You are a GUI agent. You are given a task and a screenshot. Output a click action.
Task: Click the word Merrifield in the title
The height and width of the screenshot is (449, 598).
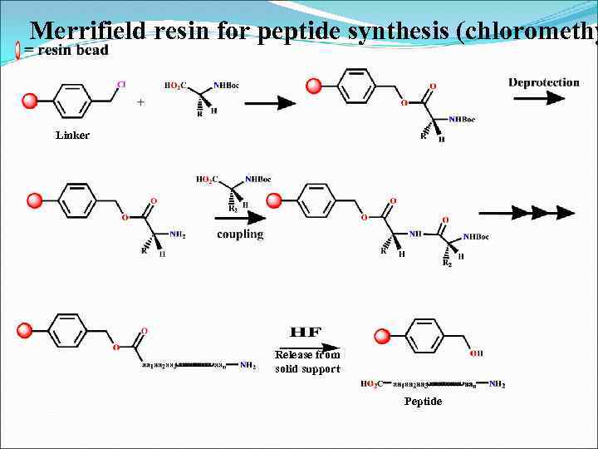pyautogui.click(x=89, y=31)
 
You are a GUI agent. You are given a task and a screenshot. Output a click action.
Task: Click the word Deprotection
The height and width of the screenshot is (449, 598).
pyautogui.click(x=544, y=81)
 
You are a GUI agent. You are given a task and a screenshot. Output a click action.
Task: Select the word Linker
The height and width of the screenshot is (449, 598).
pyautogui.click(x=72, y=135)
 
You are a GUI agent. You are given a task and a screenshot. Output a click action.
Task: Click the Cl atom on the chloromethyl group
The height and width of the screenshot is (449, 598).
pyautogui.click(x=121, y=84)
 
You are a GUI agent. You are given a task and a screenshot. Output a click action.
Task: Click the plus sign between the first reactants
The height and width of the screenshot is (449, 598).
pyautogui.click(x=140, y=102)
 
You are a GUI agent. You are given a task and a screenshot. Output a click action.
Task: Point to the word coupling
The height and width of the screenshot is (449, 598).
pyautogui.click(x=240, y=234)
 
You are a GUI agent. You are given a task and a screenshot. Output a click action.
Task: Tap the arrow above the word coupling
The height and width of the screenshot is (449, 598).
pyautogui.click(x=242, y=218)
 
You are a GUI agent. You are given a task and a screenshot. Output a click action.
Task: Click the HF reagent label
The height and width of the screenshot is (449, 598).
pyautogui.click(x=306, y=332)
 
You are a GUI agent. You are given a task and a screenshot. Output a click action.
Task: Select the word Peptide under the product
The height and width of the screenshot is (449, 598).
pyautogui.click(x=423, y=401)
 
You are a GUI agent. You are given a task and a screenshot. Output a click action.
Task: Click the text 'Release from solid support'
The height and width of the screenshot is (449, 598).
pyautogui.click(x=307, y=362)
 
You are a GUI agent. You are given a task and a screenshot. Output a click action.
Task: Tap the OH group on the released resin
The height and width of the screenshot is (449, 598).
pyautogui.click(x=476, y=353)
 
